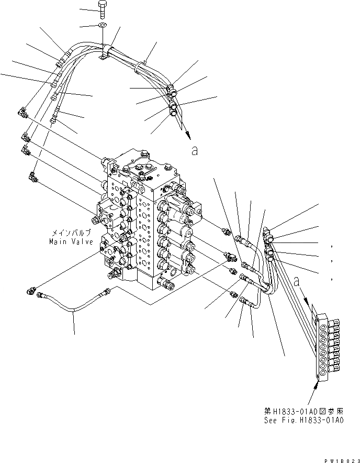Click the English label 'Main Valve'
(x=71, y=242)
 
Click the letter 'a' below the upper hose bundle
(x=195, y=151)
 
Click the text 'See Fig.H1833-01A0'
(x=304, y=421)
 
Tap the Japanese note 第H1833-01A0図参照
(x=304, y=411)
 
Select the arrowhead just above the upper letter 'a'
(x=186, y=135)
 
